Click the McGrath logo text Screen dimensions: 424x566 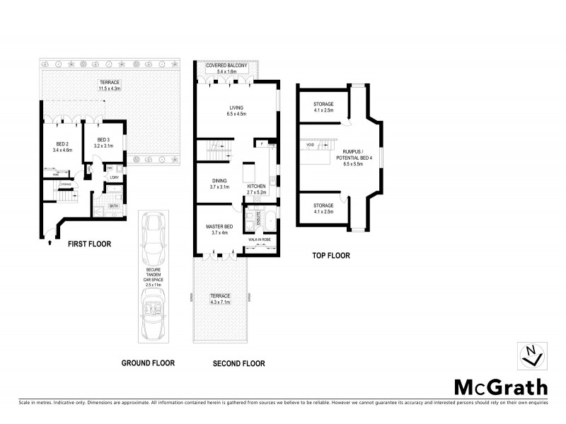tap(500, 387)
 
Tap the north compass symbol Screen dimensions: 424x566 tap(532, 355)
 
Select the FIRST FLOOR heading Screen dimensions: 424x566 tap(88, 244)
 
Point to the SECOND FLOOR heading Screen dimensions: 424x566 tap(238, 364)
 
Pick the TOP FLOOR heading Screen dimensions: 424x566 tap(332, 256)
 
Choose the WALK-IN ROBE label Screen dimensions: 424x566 tap(260, 239)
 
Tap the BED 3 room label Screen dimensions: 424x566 tap(103, 143)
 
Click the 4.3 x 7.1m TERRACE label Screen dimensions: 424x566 tap(220, 298)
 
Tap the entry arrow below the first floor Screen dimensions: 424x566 tap(49, 243)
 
